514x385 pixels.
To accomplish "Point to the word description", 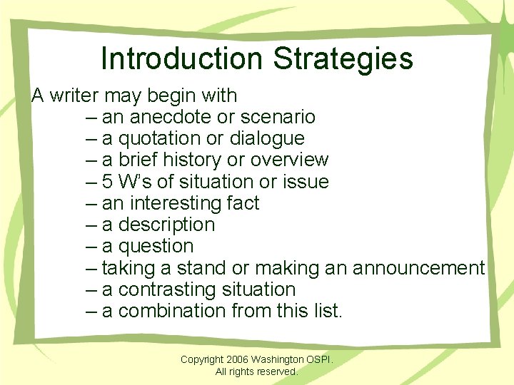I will click(x=166, y=225).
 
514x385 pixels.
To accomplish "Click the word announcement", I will click(x=418, y=268).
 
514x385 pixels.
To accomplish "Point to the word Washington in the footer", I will click(x=283, y=359).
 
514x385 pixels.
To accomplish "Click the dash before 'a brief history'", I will click(x=91, y=160).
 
